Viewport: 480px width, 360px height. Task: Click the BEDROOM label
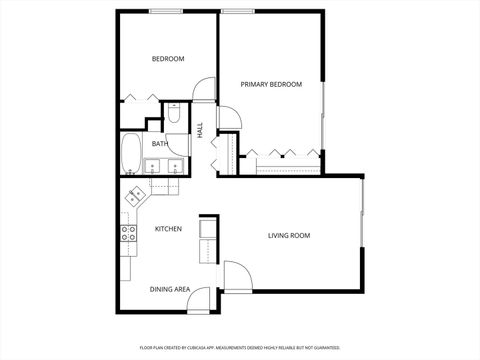click(x=168, y=59)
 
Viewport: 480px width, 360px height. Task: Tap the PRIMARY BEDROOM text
click(x=271, y=85)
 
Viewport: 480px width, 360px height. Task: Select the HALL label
click(x=200, y=130)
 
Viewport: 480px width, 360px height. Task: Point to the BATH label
click(x=160, y=144)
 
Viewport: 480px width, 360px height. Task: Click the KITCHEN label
click(x=168, y=229)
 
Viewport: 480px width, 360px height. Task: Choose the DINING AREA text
click(x=170, y=289)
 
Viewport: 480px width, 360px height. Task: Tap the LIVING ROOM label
click(x=289, y=236)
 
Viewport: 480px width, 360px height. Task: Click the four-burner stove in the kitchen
click(x=129, y=234)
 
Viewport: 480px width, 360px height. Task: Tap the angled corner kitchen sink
click(x=134, y=198)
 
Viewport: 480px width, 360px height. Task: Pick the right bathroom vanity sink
click(x=175, y=167)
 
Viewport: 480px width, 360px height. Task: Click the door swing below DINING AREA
click(x=200, y=301)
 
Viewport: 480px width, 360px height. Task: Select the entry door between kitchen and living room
click(x=237, y=275)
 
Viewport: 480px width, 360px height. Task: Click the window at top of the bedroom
click(x=165, y=11)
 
